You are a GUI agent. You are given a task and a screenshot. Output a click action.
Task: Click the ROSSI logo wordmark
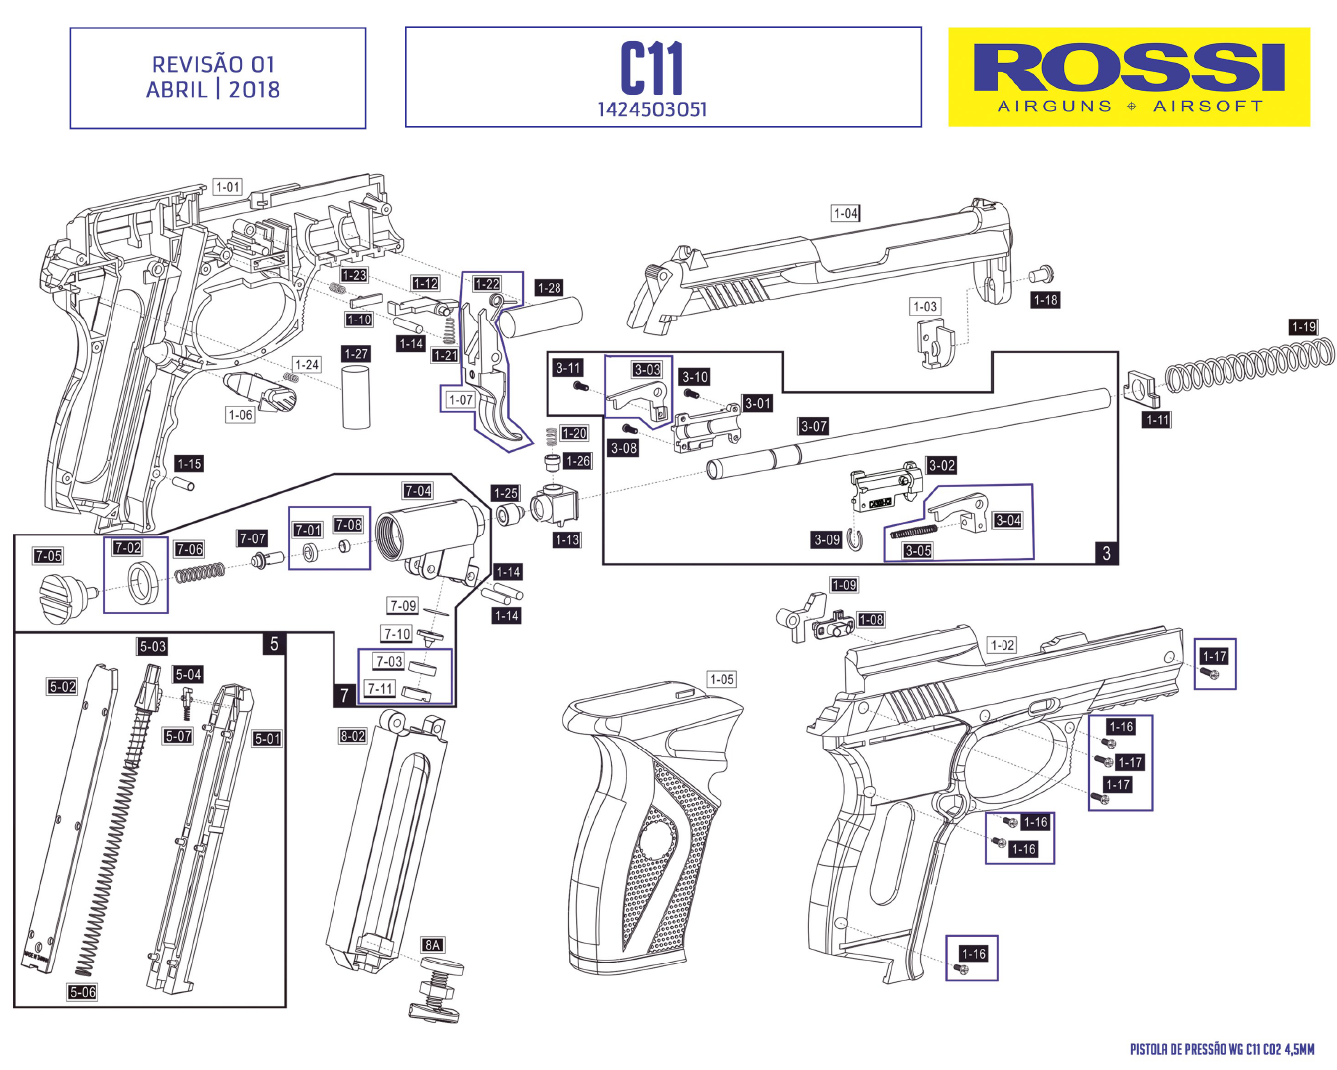click(x=1128, y=69)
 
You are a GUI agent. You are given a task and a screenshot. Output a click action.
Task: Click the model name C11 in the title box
click(x=652, y=69)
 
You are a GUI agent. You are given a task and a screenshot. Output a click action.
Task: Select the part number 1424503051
click(x=652, y=109)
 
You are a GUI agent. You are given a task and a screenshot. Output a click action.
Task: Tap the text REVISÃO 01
click(x=213, y=64)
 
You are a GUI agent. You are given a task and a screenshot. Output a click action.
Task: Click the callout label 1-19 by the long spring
click(x=1303, y=326)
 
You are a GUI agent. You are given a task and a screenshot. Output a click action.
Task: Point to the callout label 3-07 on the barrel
click(x=813, y=426)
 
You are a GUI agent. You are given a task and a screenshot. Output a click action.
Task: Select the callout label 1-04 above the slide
click(x=845, y=213)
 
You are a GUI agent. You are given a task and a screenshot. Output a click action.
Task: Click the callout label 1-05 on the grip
click(x=721, y=679)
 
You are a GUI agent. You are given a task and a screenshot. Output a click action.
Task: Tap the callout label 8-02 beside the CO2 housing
click(x=353, y=736)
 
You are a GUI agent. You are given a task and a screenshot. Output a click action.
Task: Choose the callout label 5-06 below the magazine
click(x=82, y=992)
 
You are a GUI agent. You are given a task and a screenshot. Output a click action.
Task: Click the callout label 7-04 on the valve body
click(x=417, y=491)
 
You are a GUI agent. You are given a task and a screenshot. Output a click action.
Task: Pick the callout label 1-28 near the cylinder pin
click(x=549, y=288)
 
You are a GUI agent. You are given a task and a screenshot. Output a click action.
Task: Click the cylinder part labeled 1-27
click(x=356, y=397)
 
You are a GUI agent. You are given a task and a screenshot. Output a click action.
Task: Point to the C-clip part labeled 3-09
click(x=856, y=540)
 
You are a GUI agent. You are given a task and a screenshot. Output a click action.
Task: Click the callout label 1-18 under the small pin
click(x=1045, y=300)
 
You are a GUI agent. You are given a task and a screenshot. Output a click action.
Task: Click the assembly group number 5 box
click(x=274, y=644)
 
